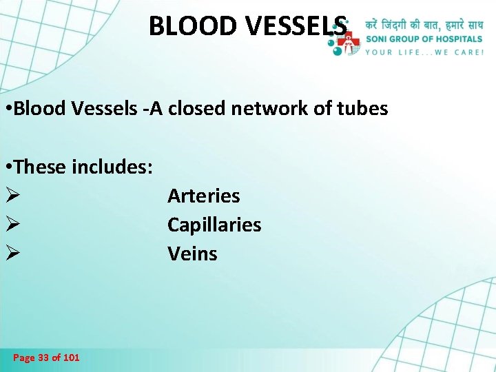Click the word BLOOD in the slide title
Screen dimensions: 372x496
tap(183, 26)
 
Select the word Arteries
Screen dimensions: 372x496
tap(203, 196)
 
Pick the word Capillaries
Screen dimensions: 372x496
tap(214, 225)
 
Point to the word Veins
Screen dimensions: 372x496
tap(192, 254)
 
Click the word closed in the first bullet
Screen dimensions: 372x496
tap(201, 109)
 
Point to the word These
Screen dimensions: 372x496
tap(43, 167)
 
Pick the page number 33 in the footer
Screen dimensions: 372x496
tap(43, 358)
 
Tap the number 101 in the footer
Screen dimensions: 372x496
tap(71, 358)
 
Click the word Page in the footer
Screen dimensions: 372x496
tap(23, 358)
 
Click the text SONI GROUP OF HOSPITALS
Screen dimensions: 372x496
tap(424, 40)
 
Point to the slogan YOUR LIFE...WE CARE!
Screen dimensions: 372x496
tap(424, 52)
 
